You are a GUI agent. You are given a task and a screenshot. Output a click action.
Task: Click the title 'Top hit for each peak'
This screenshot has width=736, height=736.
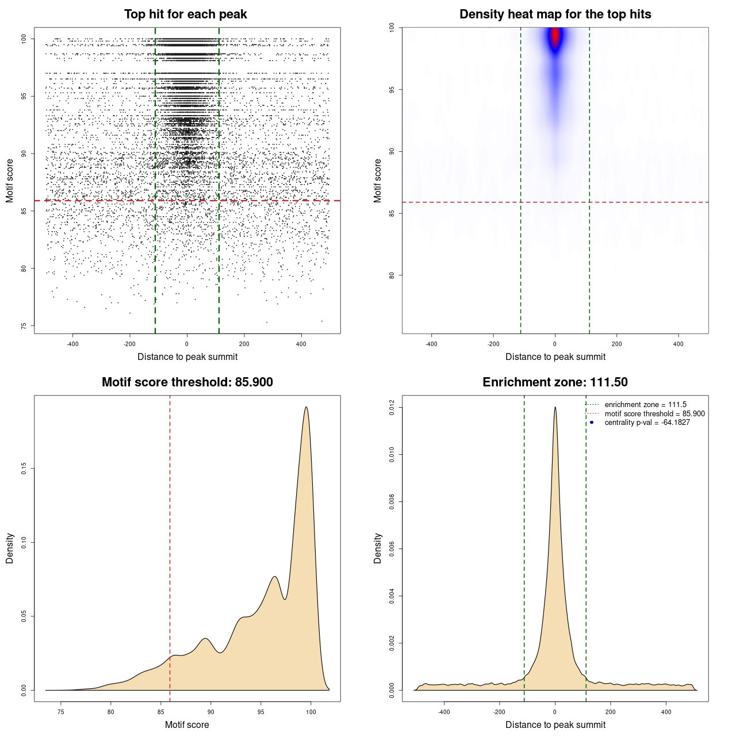(185, 14)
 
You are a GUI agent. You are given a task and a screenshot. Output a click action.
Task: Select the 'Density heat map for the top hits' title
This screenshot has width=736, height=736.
(555, 14)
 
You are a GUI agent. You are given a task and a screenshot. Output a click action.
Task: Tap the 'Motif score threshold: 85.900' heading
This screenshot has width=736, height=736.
(187, 382)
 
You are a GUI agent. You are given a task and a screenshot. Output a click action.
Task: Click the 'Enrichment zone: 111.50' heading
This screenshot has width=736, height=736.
(555, 382)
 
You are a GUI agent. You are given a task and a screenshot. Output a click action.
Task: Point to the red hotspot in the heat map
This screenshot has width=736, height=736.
(555, 36)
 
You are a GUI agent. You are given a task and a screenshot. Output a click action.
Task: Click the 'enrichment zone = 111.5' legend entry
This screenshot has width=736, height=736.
(645, 405)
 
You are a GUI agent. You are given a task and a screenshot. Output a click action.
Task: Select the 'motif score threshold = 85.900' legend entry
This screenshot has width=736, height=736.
(654, 414)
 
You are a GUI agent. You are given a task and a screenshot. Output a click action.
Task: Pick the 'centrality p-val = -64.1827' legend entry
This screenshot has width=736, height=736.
(647, 423)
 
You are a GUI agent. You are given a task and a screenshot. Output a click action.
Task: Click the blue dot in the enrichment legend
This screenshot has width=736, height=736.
(592, 423)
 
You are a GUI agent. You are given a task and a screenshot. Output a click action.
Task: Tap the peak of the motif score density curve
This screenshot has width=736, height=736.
(306, 408)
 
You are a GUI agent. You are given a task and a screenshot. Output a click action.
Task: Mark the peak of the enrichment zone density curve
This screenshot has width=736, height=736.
(555, 408)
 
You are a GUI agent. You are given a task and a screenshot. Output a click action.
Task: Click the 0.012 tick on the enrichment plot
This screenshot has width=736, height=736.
(392, 408)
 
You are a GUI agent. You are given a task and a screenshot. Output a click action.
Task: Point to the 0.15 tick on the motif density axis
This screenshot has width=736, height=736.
(24, 469)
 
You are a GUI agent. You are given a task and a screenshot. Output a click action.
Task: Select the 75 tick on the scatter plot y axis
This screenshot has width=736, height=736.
(24, 326)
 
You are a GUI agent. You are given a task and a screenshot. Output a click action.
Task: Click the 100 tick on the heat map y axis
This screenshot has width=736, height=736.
(392, 28)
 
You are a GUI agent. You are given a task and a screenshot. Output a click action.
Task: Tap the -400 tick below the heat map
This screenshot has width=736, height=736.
(431, 344)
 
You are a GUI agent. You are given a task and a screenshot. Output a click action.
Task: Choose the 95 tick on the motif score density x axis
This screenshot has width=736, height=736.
(261, 712)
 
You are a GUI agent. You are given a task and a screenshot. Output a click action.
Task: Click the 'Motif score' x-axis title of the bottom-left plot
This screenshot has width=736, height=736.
(187, 725)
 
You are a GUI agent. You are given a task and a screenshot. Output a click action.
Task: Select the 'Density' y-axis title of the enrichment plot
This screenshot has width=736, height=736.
(378, 548)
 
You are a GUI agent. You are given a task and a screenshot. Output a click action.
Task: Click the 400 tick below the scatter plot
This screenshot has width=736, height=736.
(301, 344)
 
